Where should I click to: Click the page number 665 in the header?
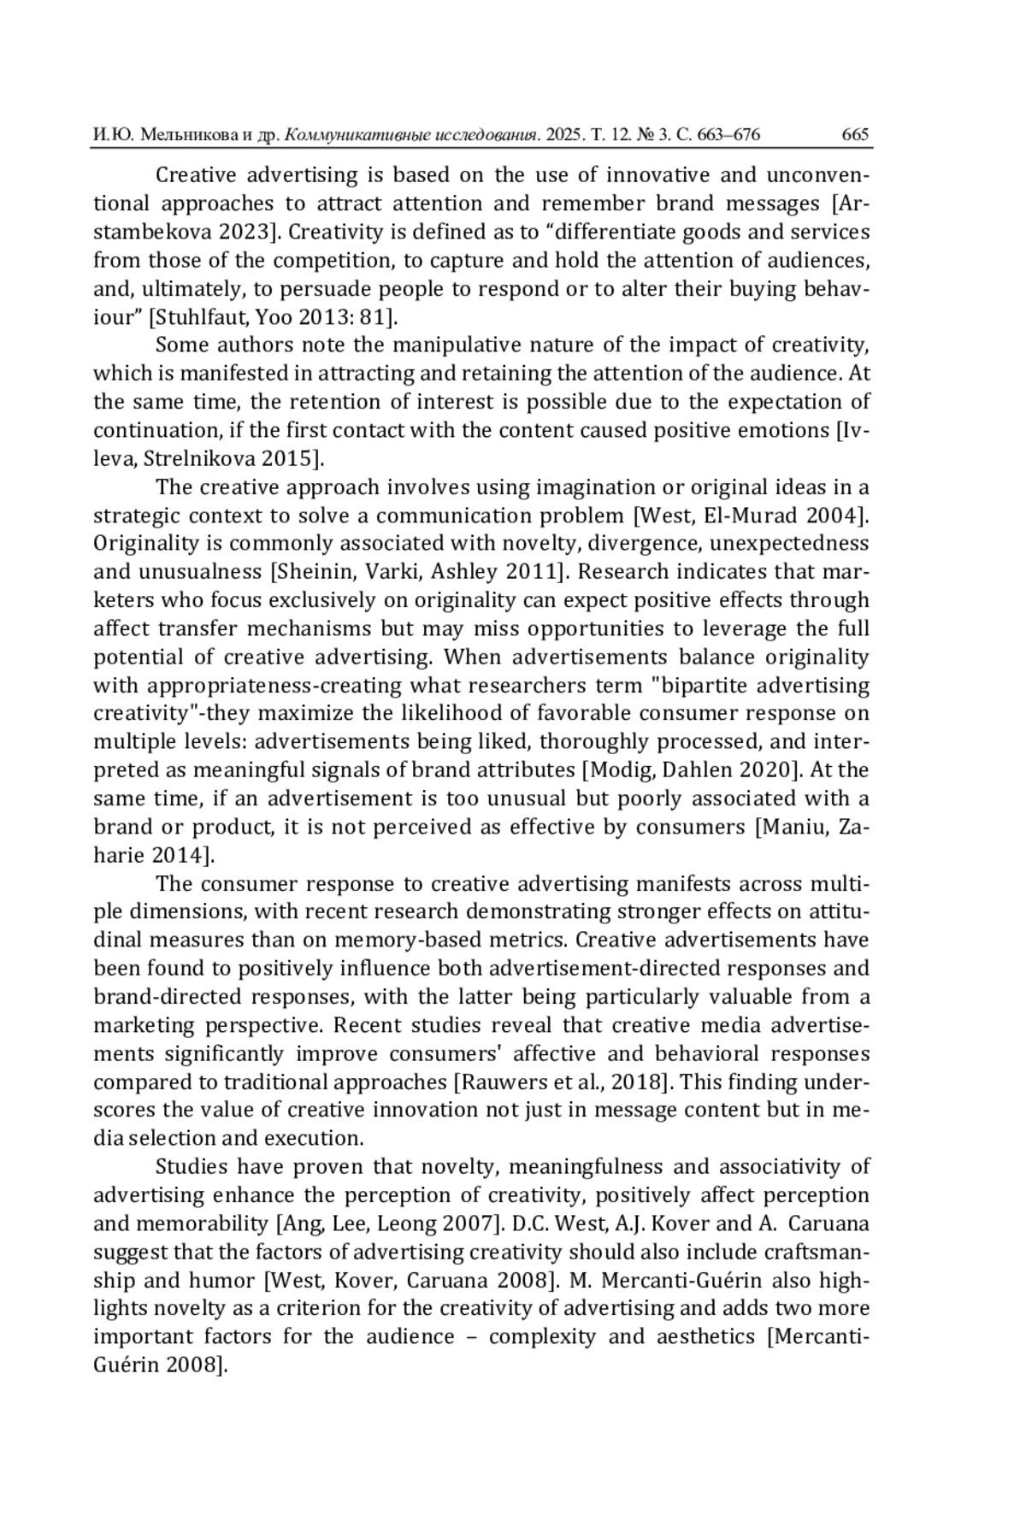tap(855, 134)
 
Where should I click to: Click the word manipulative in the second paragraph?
tap(457, 345)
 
